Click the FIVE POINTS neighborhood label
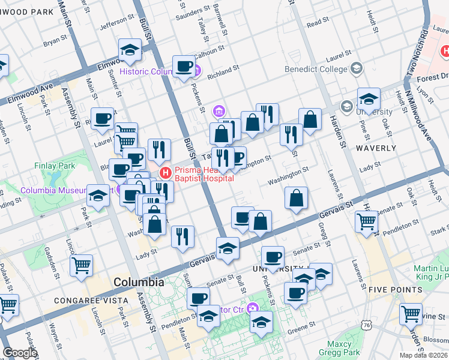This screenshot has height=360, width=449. click(396, 289)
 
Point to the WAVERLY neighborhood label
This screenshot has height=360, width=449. click(376, 148)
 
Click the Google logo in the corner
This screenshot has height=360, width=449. click(20, 353)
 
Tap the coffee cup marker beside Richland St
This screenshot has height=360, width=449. click(184, 66)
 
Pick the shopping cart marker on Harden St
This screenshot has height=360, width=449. click(366, 222)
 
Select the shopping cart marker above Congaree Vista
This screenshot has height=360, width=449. click(81, 265)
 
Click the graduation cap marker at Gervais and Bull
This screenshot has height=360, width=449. click(228, 248)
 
